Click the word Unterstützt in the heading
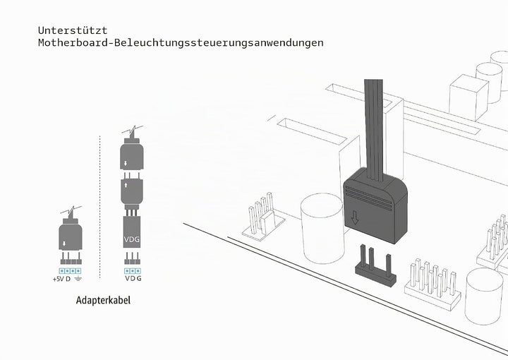point(73,30)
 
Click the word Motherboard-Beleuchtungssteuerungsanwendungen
point(181,42)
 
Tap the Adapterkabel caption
point(103,300)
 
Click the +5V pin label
point(59,279)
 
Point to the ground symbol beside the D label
point(78,279)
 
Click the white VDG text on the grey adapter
point(132,239)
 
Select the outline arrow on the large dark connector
point(355,217)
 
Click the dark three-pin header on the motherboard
point(376,266)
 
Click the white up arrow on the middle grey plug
point(126,185)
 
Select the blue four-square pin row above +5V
point(70,271)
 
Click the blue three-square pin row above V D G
point(132,271)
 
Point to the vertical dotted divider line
point(99,207)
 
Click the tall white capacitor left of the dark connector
point(322,228)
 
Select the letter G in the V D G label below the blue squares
point(139,278)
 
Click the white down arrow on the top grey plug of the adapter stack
point(126,163)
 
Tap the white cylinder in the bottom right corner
point(484,296)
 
